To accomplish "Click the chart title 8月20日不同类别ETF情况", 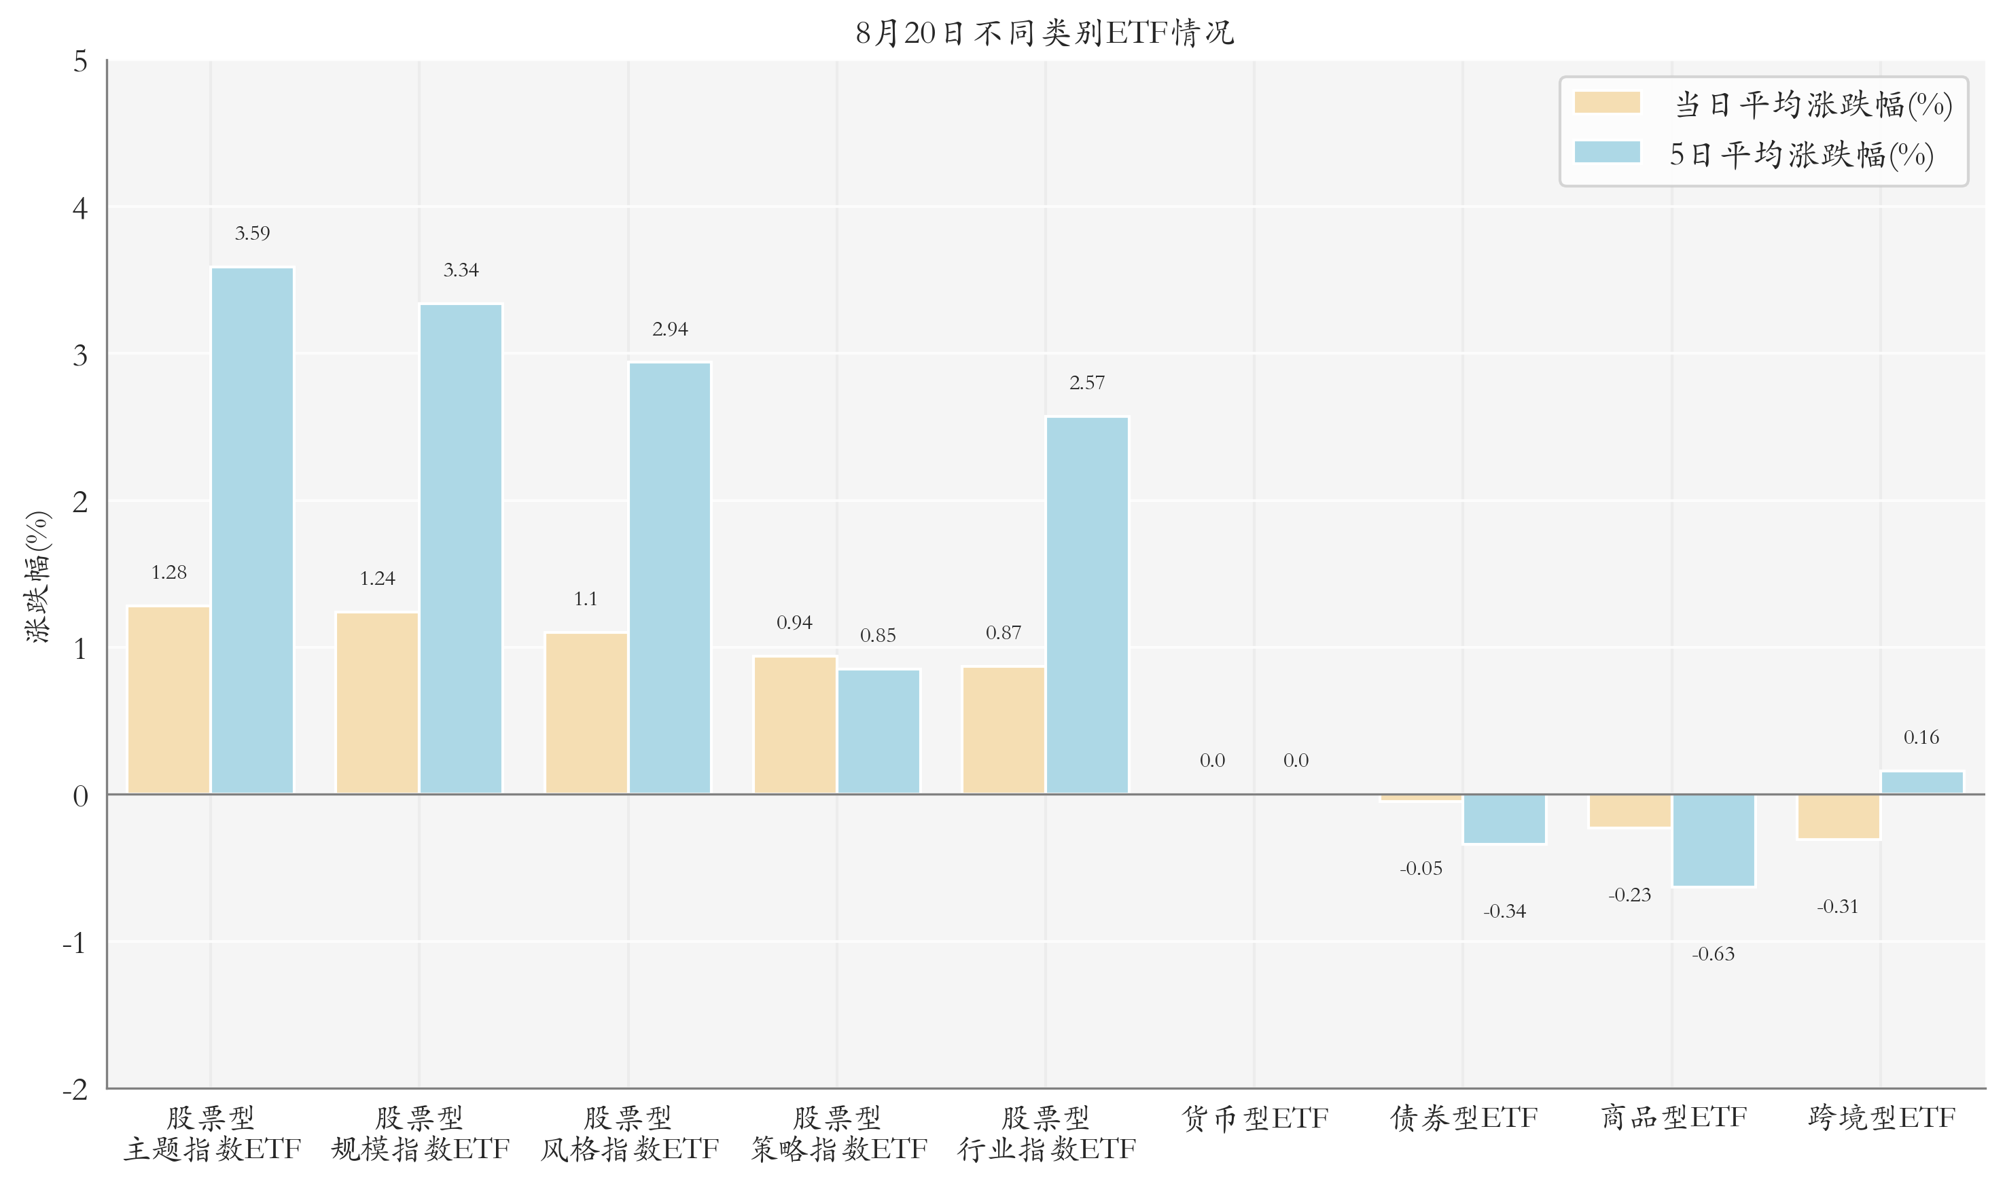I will coord(1044,33).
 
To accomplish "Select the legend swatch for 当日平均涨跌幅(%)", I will coord(1606,103).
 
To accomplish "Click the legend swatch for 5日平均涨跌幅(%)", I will coord(1606,153).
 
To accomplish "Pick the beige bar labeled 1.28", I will coord(168,700).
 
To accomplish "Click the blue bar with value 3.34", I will coord(461,549).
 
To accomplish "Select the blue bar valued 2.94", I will coord(670,579).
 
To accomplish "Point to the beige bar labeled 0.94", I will coord(794,725).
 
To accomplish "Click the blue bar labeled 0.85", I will coord(879,732).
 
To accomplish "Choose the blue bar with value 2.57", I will coord(1087,606).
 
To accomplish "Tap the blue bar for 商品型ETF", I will coord(1714,840).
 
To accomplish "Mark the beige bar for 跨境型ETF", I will coord(1838,816).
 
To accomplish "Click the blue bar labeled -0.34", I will coord(1504,819).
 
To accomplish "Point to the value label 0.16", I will coord(1921,738).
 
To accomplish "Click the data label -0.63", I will coord(1713,954).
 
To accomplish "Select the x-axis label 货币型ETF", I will coord(1255,1118).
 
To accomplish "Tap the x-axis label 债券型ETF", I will coord(1463,1118).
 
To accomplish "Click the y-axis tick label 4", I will coord(80,209).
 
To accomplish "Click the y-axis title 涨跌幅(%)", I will coord(37,576).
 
